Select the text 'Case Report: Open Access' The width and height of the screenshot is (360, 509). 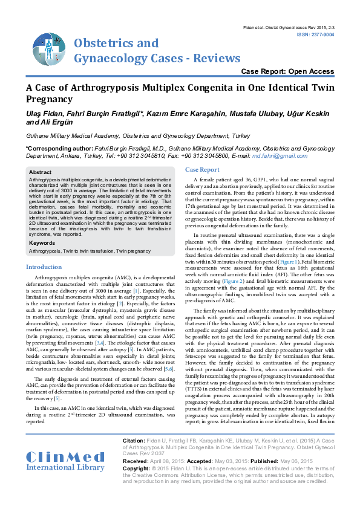[287, 71]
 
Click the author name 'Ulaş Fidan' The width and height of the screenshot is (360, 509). [42, 113]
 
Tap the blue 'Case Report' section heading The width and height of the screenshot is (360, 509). [202, 170]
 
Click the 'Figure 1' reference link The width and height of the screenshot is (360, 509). [306, 261]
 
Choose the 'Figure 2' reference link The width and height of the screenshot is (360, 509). [232, 281]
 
